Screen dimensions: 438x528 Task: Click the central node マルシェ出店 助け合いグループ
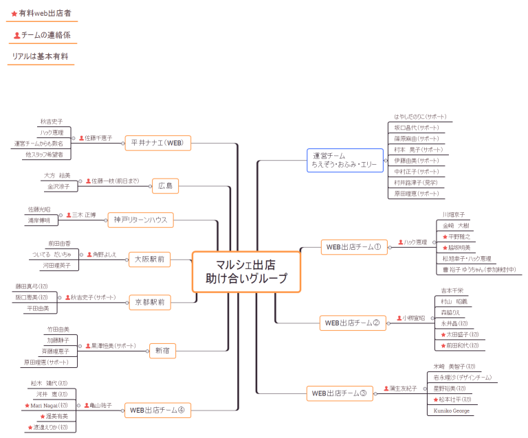(246, 272)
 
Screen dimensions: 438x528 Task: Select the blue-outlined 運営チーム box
(344, 160)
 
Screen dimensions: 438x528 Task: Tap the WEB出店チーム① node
(353, 247)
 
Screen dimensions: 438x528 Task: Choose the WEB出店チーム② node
(352, 323)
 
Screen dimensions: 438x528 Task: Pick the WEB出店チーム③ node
(340, 393)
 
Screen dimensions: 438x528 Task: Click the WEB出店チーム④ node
(157, 411)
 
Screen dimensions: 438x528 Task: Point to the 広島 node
(165, 185)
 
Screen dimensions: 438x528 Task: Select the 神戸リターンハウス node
(140, 220)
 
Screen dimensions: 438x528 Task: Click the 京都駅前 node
(149, 301)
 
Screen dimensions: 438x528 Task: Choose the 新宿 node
(162, 351)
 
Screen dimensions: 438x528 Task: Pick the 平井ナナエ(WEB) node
(157, 143)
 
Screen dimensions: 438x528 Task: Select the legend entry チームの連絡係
(42, 35)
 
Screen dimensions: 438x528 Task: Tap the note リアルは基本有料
(40, 56)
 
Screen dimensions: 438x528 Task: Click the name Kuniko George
(451, 411)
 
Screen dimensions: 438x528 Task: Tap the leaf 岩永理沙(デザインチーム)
(462, 378)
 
